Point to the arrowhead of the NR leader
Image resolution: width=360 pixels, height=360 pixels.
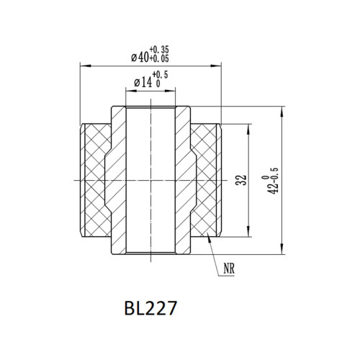tap(208, 233)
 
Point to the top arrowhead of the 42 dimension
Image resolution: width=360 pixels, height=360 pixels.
tap(282, 109)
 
